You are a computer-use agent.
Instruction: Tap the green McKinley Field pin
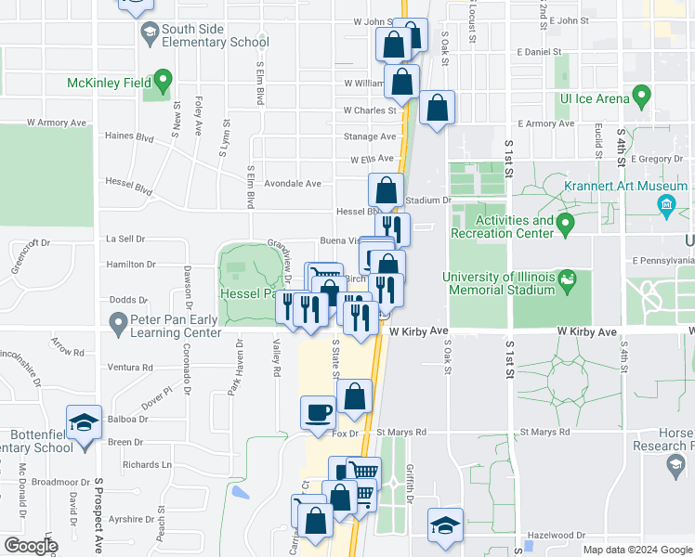[x=164, y=81]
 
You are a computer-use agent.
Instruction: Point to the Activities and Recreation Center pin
[x=564, y=225]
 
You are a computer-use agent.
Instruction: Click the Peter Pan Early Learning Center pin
[x=117, y=324]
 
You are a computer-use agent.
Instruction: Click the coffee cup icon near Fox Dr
[x=318, y=412]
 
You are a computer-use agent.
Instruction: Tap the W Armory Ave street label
[x=57, y=122]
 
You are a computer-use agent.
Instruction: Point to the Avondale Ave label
[x=292, y=184]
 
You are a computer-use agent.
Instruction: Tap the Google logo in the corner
[x=31, y=546]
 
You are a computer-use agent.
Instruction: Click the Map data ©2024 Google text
[x=637, y=550]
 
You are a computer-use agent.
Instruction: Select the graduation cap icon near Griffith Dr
[x=446, y=525]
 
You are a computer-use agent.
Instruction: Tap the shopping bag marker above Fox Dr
[x=355, y=397]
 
